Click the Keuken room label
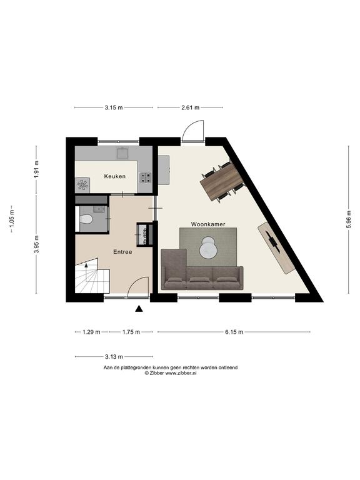pyautogui.click(x=115, y=176)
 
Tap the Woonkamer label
pyautogui.click(x=208, y=224)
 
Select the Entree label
pyautogui.click(x=122, y=252)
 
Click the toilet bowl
pyautogui.click(x=86, y=219)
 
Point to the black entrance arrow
pyautogui.click(x=139, y=309)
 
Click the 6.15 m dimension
pyautogui.click(x=234, y=332)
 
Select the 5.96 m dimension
pyautogui.click(x=349, y=219)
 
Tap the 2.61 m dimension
pyautogui.click(x=191, y=107)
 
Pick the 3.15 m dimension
pyautogui.click(x=114, y=107)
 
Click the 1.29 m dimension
pyautogui.click(x=91, y=332)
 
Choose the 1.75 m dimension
pyautogui.click(x=131, y=332)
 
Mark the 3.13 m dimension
pyautogui.click(x=114, y=357)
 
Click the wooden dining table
pyautogui.click(x=222, y=182)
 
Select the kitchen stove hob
pyautogui.click(x=146, y=177)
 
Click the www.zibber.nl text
pyautogui.click(x=181, y=373)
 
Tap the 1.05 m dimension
pyautogui.click(x=12, y=219)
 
